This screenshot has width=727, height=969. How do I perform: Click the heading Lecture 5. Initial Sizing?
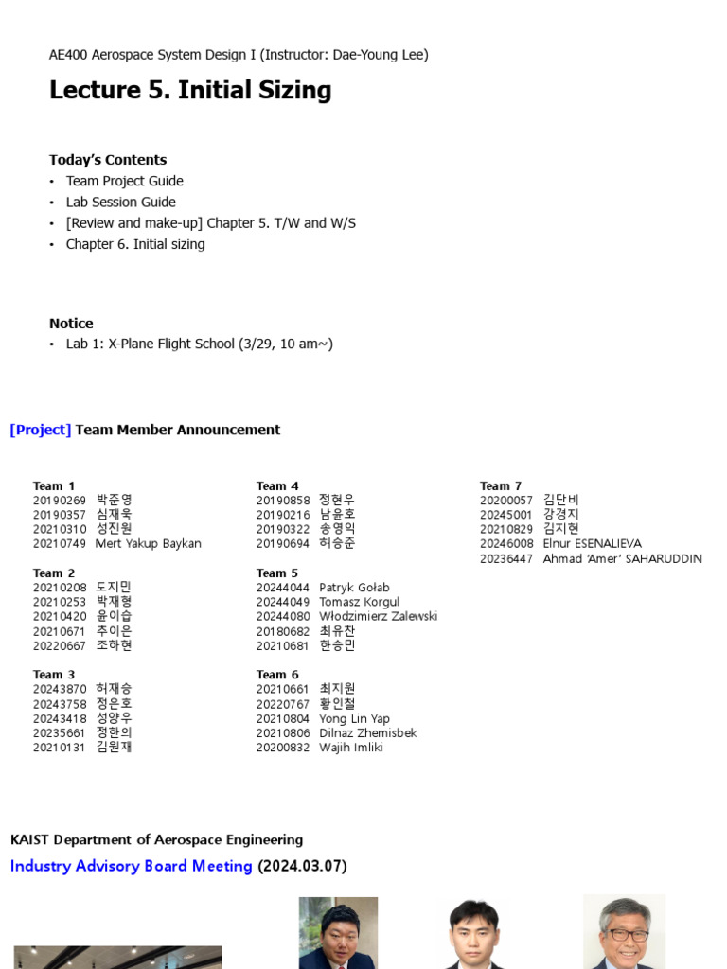pos(190,91)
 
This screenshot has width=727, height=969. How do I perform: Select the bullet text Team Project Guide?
pos(124,181)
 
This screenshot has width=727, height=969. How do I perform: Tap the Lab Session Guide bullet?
pos(120,202)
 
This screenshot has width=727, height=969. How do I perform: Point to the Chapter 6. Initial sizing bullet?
pos(134,244)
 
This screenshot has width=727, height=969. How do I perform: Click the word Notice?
pos(71,324)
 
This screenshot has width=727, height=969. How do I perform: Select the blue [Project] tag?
pos(41,430)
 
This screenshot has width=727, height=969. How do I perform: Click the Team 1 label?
pos(54,486)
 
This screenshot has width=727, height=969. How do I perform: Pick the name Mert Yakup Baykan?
pos(149,544)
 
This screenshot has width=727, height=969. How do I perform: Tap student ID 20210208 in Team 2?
pos(60,588)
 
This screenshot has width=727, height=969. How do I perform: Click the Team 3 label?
pos(54,675)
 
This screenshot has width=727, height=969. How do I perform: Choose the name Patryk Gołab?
pos(354,588)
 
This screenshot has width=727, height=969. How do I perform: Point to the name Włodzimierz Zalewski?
pos(378,616)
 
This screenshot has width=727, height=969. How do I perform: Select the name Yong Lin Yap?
pos(354,718)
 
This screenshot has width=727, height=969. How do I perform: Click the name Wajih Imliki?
pos(351,748)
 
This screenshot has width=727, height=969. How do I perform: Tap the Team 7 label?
pos(501,486)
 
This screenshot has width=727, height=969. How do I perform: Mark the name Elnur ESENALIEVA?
pos(592,544)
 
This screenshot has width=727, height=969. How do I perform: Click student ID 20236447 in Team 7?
pos(506,558)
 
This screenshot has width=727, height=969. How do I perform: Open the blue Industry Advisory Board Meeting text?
pos(132,866)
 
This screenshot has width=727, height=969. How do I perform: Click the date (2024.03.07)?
pos(302,866)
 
